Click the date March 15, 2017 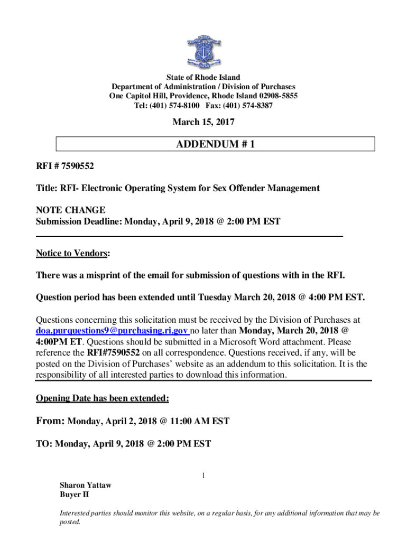203,123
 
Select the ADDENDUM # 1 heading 216,144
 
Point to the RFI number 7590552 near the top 78,166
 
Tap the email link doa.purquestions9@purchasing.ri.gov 112,331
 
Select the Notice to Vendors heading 72,254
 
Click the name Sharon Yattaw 85,485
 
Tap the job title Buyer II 74,495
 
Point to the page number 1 203,476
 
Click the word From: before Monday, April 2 50,421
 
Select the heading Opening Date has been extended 102,398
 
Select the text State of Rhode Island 203,78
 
